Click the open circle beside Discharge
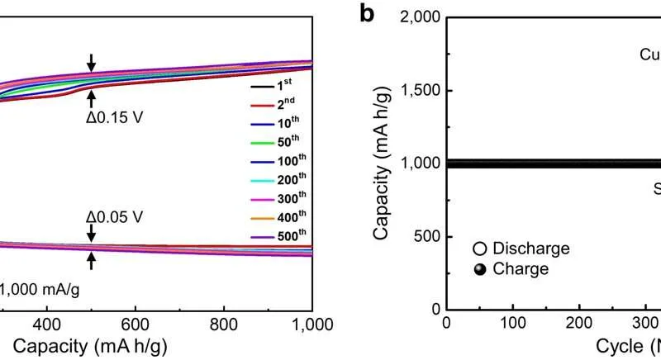[x=478, y=249]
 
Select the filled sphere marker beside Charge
[x=478, y=268]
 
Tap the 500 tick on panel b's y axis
[x=426, y=237]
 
